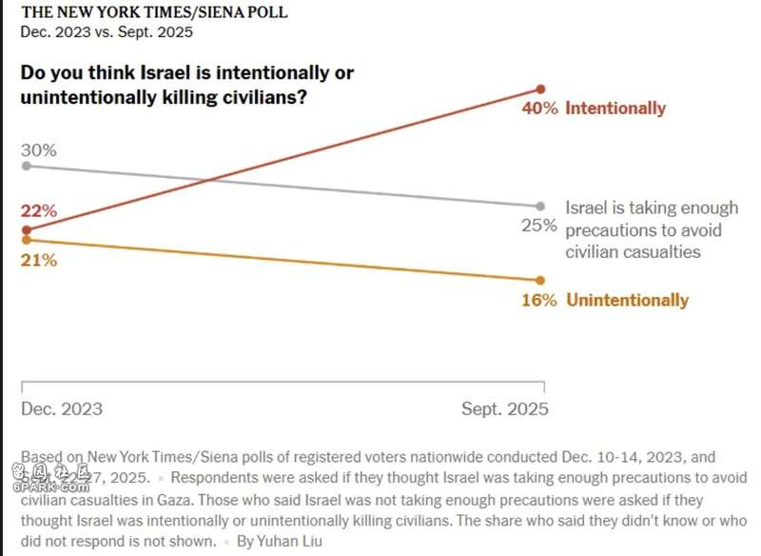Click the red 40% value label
(539, 109)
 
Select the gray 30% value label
(39, 150)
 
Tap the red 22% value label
(39, 211)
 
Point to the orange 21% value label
(39, 260)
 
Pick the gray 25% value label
(539, 226)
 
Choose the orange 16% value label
(539, 300)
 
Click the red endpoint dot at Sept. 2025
(540, 89)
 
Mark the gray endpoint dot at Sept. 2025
(540, 206)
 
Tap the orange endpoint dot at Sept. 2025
(540, 280)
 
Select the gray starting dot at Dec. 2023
(26, 166)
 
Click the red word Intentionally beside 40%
(615, 109)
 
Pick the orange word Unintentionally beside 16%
(627, 300)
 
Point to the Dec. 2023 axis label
(62, 409)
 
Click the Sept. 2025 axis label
(505, 409)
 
